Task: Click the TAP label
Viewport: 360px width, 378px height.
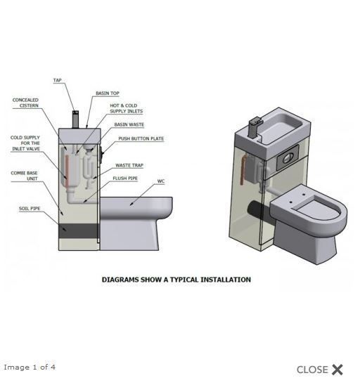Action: point(58,80)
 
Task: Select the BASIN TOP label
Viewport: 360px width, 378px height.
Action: point(108,93)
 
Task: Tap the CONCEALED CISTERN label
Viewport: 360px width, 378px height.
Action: point(25,103)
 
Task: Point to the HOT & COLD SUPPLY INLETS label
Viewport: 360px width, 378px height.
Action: point(126,108)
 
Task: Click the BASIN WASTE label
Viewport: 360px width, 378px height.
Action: point(129,124)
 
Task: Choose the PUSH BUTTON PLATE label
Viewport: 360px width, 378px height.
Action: point(141,138)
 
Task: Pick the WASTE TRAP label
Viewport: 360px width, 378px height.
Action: point(129,165)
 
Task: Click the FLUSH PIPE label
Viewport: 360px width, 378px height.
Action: point(125,178)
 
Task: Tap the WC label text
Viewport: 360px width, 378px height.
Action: point(161,181)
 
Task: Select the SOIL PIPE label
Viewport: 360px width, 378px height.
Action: point(30,209)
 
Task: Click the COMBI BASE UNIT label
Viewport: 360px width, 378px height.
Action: point(24,176)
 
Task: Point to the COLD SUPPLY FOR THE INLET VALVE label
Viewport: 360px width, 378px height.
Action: point(25,143)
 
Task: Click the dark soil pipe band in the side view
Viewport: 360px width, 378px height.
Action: point(79,230)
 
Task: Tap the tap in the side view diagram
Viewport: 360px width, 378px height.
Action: point(75,119)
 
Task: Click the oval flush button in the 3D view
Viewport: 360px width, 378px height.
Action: point(288,158)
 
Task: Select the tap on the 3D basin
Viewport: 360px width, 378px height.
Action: point(255,126)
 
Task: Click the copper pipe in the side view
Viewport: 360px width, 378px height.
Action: point(67,167)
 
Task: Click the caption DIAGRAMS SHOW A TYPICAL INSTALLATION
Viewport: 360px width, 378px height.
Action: point(176,280)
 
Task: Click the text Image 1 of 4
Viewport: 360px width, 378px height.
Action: point(30,367)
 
